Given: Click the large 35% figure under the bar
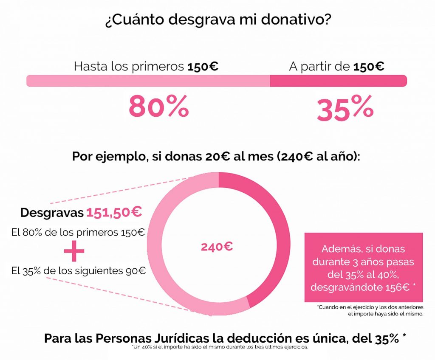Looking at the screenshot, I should (x=345, y=109).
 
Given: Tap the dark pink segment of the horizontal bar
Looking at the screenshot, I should (x=338, y=81).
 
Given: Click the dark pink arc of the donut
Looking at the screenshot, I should (x=272, y=238).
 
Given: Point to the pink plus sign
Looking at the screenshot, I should (x=74, y=251).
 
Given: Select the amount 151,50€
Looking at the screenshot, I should (x=114, y=212).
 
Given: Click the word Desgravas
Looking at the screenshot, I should (x=52, y=213).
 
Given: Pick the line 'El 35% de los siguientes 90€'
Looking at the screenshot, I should (x=78, y=270).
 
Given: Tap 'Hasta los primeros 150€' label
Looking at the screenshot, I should (x=146, y=66).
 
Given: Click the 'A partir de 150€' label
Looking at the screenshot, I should (x=336, y=66).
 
